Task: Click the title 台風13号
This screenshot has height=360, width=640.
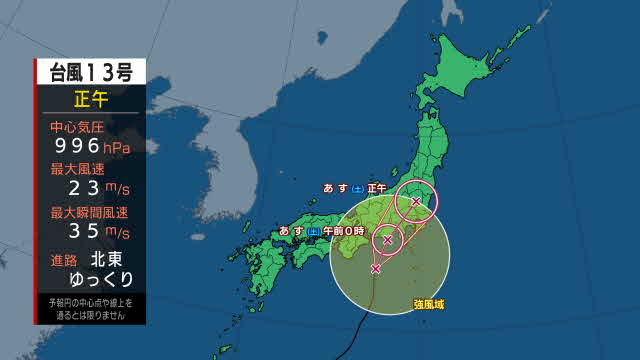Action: (89, 72)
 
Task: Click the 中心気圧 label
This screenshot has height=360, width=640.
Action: (82, 127)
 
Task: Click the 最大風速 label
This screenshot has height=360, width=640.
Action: (82, 169)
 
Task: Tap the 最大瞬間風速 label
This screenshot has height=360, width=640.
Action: (90, 212)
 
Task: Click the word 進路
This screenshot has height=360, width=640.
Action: (64, 258)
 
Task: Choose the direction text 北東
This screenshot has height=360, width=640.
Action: (110, 258)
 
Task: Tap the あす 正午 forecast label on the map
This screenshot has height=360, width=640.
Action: (354, 188)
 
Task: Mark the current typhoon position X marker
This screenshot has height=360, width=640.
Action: (375, 269)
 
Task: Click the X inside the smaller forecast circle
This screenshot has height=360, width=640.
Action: (387, 240)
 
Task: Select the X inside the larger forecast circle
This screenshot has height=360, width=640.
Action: (416, 202)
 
